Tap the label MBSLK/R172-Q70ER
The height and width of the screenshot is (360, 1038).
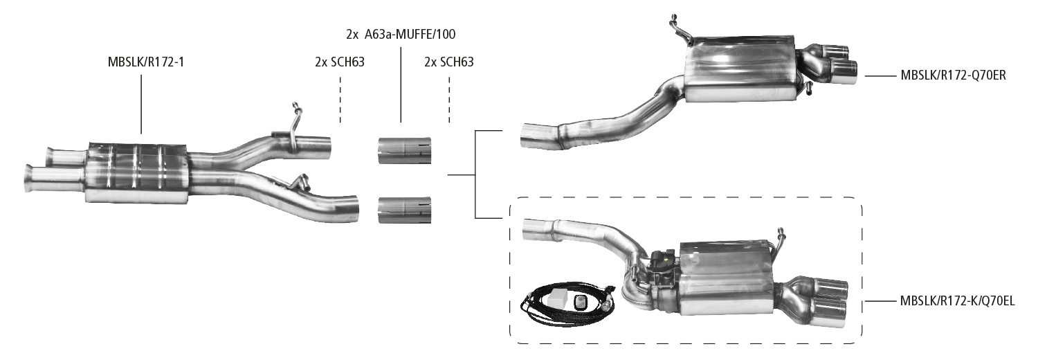pyautogui.click(x=952, y=75)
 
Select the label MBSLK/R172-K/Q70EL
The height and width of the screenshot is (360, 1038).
pyautogui.click(x=957, y=301)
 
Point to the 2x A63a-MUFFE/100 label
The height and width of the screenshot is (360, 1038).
pyautogui.click(x=401, y=33)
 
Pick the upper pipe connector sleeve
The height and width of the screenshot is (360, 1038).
pyautogui.click(x=405, y=150)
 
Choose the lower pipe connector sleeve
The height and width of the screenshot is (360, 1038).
pyautogui.click(x=405, y=210)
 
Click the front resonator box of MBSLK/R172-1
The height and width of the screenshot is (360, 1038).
pyautogui.click(x=137, y=172)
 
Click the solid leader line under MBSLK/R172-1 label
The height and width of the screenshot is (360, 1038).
pyautogui.click(x=141, y=104)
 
